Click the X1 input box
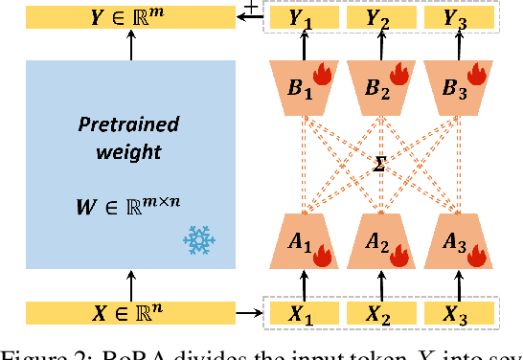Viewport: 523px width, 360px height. [304, 312]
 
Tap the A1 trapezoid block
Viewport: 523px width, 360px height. [304, 243]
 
